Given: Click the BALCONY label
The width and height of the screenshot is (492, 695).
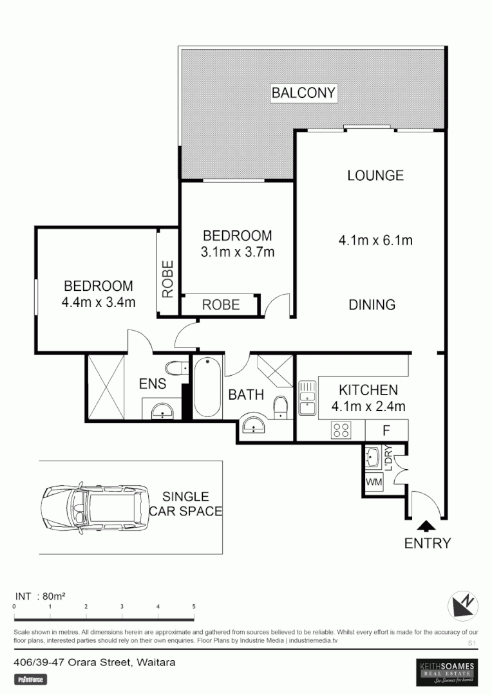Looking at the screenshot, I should [x=303, y=93].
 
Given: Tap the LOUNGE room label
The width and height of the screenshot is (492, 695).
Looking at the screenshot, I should [x=375, y=175].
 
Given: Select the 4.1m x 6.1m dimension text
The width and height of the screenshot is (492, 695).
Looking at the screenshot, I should [x=375, y=241].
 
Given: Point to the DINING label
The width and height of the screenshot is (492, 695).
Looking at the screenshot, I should [x=372, y=305].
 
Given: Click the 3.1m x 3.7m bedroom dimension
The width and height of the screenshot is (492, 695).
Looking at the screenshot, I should [x=237, y=252].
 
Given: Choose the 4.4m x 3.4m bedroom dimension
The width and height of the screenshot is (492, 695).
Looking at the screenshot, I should [x=99, y=302].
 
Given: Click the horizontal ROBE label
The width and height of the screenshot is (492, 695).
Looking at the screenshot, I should [x=221, y=305].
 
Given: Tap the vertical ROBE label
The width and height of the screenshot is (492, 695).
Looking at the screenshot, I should [x=167, y=279].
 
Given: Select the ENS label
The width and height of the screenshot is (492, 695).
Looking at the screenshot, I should [x=153, y=384].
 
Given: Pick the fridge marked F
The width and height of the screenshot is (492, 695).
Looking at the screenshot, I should [x=386, y=429].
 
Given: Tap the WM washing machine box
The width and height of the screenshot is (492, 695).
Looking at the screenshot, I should [x=374, y=481].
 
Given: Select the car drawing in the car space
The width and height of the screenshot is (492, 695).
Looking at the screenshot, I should [x=91, y=507].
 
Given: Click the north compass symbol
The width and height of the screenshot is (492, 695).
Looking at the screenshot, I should [x=464, y=605].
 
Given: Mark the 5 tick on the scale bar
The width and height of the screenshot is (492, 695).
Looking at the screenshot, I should [x=194, y=607].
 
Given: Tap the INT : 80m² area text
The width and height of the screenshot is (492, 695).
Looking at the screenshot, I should [x=40, y=596].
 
